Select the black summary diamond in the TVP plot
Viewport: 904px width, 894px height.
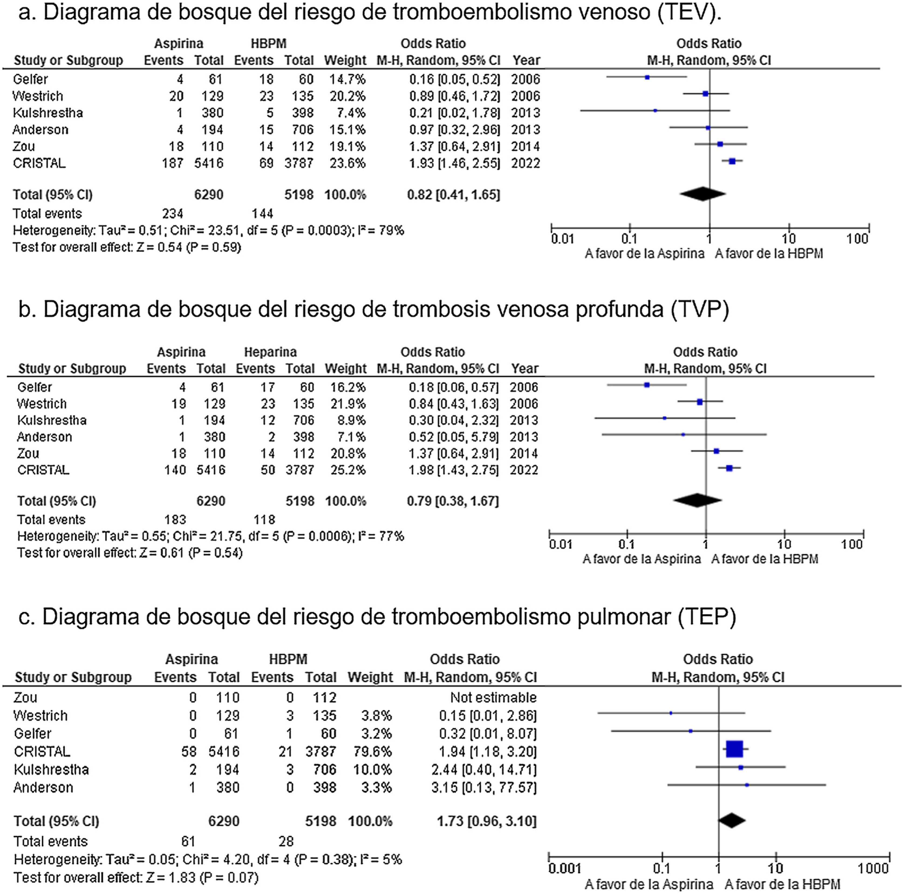[x=697, y=500]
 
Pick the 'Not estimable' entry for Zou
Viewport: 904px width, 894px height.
[x=493, y=697]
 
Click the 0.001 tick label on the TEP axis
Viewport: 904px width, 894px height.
[x=565, y=869]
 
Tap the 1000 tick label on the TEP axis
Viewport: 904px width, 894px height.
[x=873, y=869]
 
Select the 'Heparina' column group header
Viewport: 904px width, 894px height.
[x=271, y=352]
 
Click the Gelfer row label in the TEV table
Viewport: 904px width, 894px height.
[x=30, y=79]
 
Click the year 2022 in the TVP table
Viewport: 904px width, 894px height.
[x=524, y=470]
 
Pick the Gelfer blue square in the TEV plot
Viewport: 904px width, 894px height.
[x=647, y=77]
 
